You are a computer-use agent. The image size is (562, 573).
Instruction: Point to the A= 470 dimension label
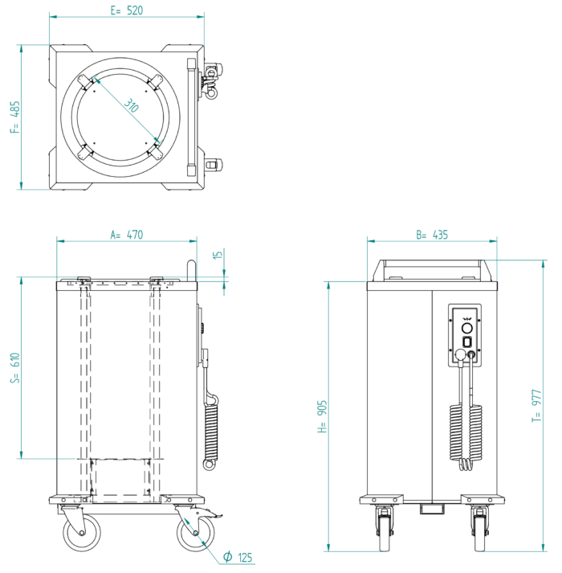126,235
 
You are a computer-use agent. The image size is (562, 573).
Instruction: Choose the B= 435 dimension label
431,235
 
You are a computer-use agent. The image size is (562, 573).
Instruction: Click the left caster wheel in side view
83,532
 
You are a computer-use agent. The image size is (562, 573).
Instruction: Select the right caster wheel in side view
196,533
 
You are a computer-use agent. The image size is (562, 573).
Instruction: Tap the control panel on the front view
465,334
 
